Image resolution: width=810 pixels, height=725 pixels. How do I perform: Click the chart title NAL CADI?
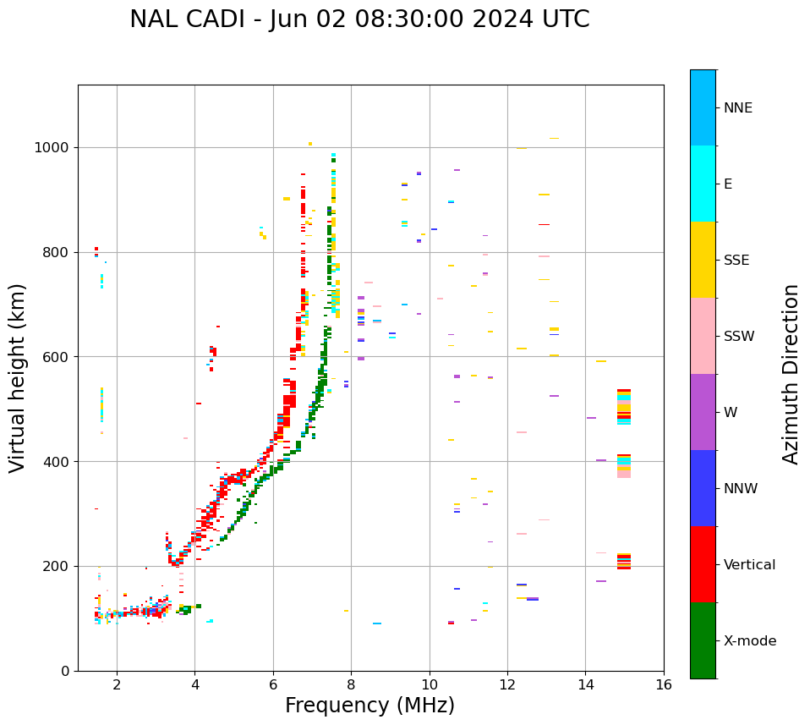coord(359,19)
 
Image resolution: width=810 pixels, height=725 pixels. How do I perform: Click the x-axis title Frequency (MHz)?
coord(369,706)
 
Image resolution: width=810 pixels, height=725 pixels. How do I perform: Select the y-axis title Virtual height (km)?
coord(18,378)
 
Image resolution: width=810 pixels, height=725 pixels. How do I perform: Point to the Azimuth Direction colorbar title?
coord(791,374)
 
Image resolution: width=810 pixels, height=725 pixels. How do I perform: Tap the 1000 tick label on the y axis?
coord(52,148)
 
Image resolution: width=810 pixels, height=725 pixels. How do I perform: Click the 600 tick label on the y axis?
coord(57,357)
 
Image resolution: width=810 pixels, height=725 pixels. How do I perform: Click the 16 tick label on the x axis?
coord(664,684)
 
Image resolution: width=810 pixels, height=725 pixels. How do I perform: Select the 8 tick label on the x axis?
coord(351,684)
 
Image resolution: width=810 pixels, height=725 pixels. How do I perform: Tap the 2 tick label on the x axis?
coord(117,684)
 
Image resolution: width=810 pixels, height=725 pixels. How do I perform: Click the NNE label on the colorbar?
coord(738,108)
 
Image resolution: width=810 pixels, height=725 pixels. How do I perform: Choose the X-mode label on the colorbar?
coord(750,641)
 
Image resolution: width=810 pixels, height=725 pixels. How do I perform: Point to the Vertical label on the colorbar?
coord(750,565)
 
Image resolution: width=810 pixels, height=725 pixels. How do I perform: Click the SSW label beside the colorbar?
coord(739,337)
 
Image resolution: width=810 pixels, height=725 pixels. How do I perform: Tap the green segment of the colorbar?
coord(703,640)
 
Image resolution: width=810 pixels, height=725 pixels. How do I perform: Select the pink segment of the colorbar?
coord(703,336)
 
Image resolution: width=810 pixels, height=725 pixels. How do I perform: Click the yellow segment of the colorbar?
coord(703,260)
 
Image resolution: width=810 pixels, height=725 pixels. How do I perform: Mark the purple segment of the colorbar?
coord(703,412)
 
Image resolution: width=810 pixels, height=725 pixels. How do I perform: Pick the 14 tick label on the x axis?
coord(585,684)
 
